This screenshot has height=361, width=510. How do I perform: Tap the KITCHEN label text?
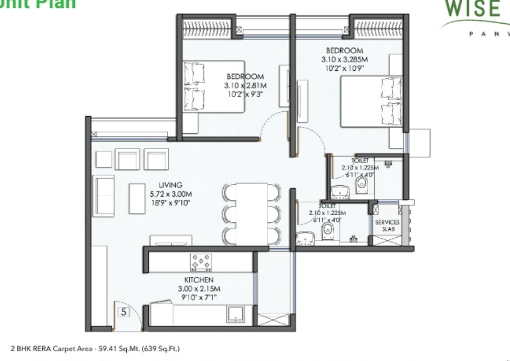(x=198, y=280)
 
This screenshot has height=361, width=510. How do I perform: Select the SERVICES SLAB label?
(x=387, y=226)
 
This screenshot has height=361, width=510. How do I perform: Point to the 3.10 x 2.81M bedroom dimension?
(x=245, y=85)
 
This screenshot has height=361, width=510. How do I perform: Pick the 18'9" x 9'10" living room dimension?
(x=170, y=201)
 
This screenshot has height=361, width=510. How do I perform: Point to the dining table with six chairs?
(x=252, y=214)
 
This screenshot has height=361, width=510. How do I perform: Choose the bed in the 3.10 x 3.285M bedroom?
(x=373, y=101)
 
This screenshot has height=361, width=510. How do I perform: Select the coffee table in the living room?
(x=137, y=192)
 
